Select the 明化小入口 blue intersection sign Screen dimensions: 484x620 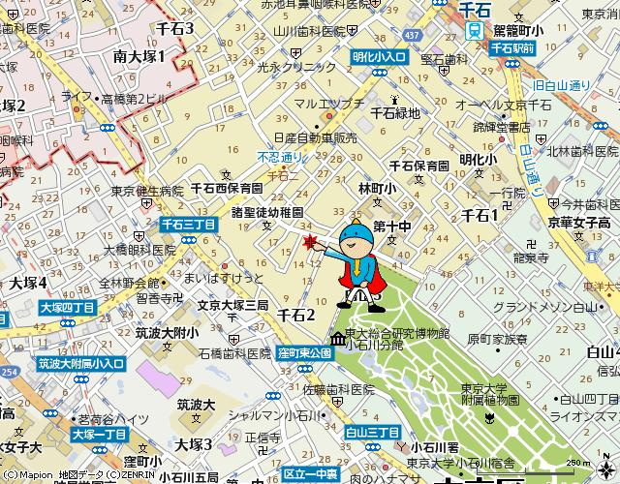(379, 58)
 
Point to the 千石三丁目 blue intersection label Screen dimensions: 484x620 (189, 223)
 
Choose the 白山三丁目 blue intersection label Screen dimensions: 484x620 (372, 430)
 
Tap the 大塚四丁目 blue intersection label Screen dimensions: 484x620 (68, 307)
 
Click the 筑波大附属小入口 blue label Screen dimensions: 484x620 (81, 364)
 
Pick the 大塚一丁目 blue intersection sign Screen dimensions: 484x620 (100, 435)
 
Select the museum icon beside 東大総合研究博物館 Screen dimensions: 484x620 (334, 340)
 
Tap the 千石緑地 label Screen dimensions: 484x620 (395, 112)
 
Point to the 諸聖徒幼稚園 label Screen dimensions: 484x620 (267, 210)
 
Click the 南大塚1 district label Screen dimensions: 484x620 (139, 57)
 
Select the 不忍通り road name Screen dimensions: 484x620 (281, 157)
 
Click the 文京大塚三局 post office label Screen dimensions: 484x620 (232, 304)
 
